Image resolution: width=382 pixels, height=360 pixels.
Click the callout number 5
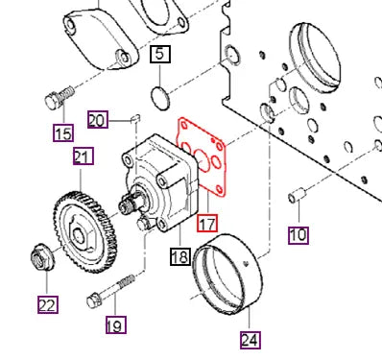tap(160, 54)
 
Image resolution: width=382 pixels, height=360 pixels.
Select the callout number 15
tap(63, 132)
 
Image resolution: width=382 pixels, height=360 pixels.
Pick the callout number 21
tap(82, 156)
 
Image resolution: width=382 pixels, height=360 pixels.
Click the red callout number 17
tap(207, 224)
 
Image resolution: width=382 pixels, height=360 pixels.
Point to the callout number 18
tap(179, 255)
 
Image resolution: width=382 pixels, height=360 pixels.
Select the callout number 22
tap(47, 304)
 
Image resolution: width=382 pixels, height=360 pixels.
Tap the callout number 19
tap(114, 325)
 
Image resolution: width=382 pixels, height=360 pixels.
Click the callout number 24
tap(250, 339)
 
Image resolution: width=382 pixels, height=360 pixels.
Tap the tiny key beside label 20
tap(137, 119)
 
